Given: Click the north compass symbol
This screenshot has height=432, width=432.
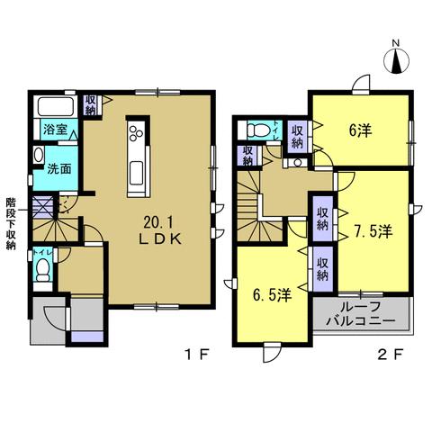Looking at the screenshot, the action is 396,60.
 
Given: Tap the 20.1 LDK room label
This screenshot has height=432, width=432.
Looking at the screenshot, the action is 160,230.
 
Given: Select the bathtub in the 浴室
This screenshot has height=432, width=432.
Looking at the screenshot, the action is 56,106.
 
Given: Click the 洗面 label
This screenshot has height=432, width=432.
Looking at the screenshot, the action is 59,169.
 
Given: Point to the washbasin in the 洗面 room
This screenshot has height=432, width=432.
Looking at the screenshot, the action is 39,155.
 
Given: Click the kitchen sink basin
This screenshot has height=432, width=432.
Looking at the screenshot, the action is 137,173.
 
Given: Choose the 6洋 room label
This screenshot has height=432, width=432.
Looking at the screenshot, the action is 360,130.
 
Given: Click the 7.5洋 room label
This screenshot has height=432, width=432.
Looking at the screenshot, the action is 373,231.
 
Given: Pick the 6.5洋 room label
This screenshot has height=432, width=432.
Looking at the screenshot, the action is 272,295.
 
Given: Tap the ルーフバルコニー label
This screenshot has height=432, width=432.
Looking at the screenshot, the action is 361,314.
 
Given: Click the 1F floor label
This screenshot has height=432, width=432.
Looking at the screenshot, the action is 196,355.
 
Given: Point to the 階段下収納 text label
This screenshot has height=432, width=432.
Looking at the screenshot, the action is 11,223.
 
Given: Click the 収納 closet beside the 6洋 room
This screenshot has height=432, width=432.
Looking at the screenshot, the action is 297,136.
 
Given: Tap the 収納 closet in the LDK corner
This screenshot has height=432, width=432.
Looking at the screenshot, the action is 90,105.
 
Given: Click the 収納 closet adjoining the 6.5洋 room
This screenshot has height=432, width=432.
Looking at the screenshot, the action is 322,268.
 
